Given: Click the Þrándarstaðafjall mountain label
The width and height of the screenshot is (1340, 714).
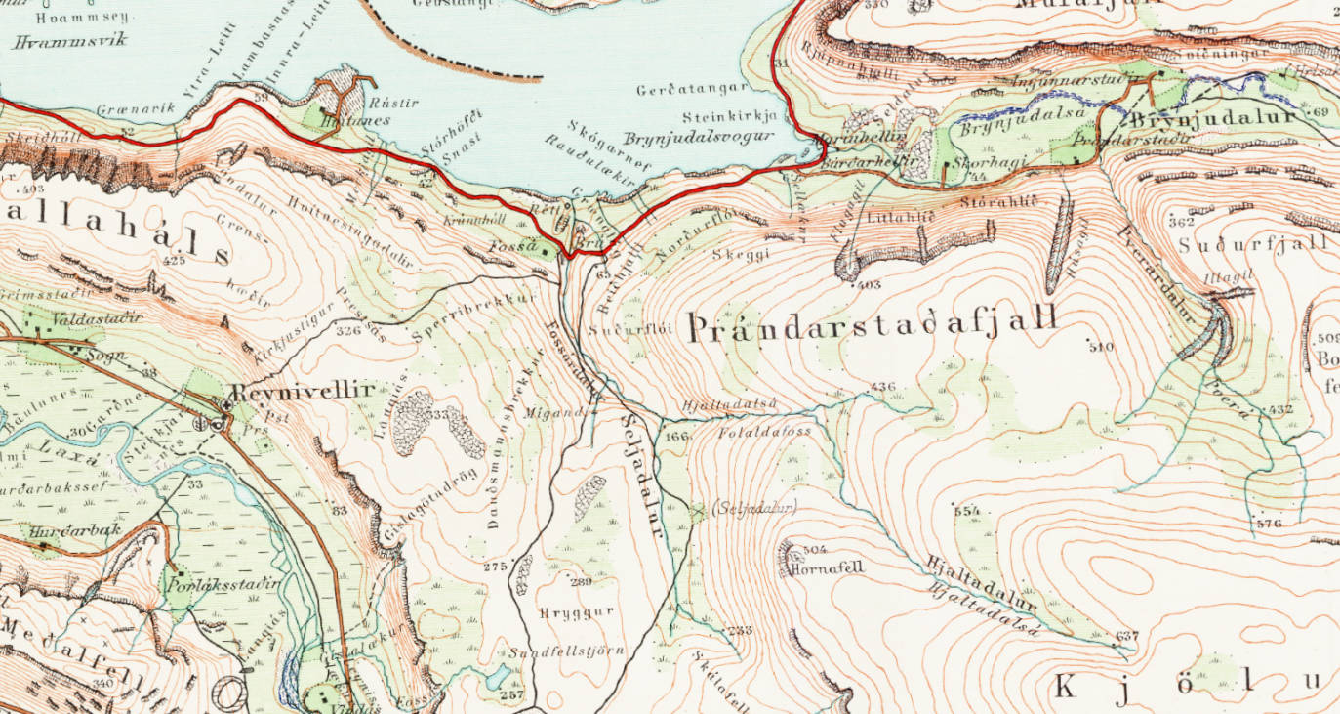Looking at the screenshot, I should point(873,326).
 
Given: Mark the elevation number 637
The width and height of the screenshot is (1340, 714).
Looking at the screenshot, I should point(1127,637).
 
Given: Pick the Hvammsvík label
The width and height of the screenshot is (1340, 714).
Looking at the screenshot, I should point(60,42).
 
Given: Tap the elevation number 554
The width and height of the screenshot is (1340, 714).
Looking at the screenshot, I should point(966,511).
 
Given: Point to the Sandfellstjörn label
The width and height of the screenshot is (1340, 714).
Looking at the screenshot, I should point(565,652).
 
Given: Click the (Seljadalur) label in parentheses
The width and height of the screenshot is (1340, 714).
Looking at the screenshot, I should point(755,507).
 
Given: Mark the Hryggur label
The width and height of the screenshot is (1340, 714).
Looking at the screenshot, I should point(576,612).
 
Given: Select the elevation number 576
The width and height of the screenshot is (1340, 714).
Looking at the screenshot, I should point(1269,524).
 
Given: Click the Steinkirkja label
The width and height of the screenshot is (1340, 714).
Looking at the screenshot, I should point(729,114).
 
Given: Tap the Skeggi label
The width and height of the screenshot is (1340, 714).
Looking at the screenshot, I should point(742,253).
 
